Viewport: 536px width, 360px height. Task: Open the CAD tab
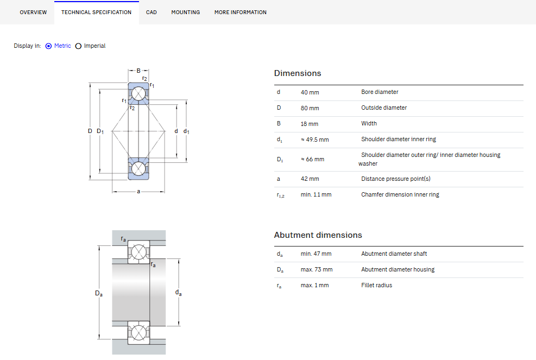(x=151, y=12)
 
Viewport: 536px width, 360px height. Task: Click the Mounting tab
(x=186, y=12)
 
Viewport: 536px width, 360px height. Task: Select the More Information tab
(x=241, y=12)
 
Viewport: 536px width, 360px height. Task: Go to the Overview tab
(x=33, y=12)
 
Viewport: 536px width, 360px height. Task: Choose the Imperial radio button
(x=78, y=46)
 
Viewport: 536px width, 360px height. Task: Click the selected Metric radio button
(x=48, y=46)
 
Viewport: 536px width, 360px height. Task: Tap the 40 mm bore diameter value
(x=310, y=92)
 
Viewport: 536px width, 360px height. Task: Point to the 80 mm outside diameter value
(x=310, y=108)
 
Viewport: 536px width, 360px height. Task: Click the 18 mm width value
(x=310, y=124)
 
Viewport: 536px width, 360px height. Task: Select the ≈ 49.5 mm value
(x=314, y=140)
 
